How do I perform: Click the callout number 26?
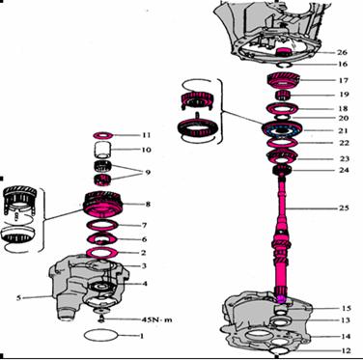point(342,52)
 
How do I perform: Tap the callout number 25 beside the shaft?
point(344,208)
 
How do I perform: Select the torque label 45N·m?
point(157,319)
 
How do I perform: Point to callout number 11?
point(146,135)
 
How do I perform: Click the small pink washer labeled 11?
point(102,135)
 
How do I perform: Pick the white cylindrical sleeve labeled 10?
point(103,150)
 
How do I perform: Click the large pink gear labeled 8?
point(103,205)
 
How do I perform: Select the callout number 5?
point(18,298)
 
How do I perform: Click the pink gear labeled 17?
point(284,80)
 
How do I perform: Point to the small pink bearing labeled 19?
point(284,96)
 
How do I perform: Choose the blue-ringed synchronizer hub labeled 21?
point(282,129)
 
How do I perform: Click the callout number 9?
point(148,173)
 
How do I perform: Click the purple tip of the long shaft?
point(282,299)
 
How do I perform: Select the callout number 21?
point(343,130)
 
